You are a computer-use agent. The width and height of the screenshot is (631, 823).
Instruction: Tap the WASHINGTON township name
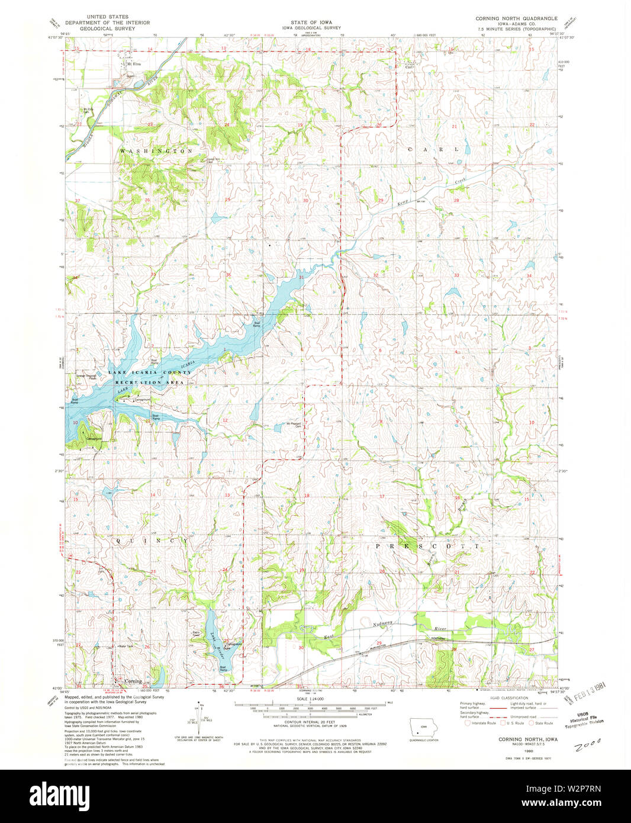(x=156, y=152)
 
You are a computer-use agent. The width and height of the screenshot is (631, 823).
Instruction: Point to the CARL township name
(x=434, y=150)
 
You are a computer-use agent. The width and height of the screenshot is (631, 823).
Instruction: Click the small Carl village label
(x=408, y=67)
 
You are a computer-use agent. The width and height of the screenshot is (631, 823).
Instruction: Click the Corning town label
(x=133, y=681)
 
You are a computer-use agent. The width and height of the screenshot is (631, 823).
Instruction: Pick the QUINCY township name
(x=152, y=541)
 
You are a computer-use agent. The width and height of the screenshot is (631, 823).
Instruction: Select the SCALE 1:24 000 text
(x=311, y=699)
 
